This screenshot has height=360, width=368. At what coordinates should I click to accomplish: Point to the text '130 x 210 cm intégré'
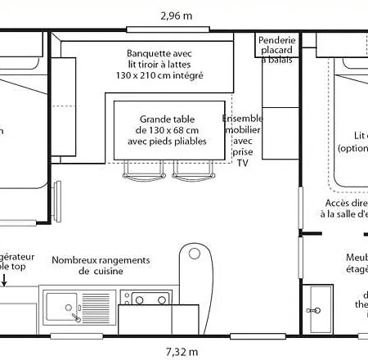[x=161, y=75]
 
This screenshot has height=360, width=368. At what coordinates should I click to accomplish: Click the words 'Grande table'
[x=168, y=117]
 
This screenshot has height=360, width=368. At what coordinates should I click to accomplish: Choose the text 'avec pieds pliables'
[x=168, y=141]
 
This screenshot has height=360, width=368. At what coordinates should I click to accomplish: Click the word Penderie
[x=276, y=41]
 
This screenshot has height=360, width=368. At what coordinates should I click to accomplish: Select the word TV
[x=242, y=163]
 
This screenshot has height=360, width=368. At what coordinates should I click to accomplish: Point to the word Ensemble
[x=242, y=118]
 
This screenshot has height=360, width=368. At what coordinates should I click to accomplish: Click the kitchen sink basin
[x=61, y=307]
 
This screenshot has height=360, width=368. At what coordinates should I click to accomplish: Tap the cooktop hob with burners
[x=146, y=295]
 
